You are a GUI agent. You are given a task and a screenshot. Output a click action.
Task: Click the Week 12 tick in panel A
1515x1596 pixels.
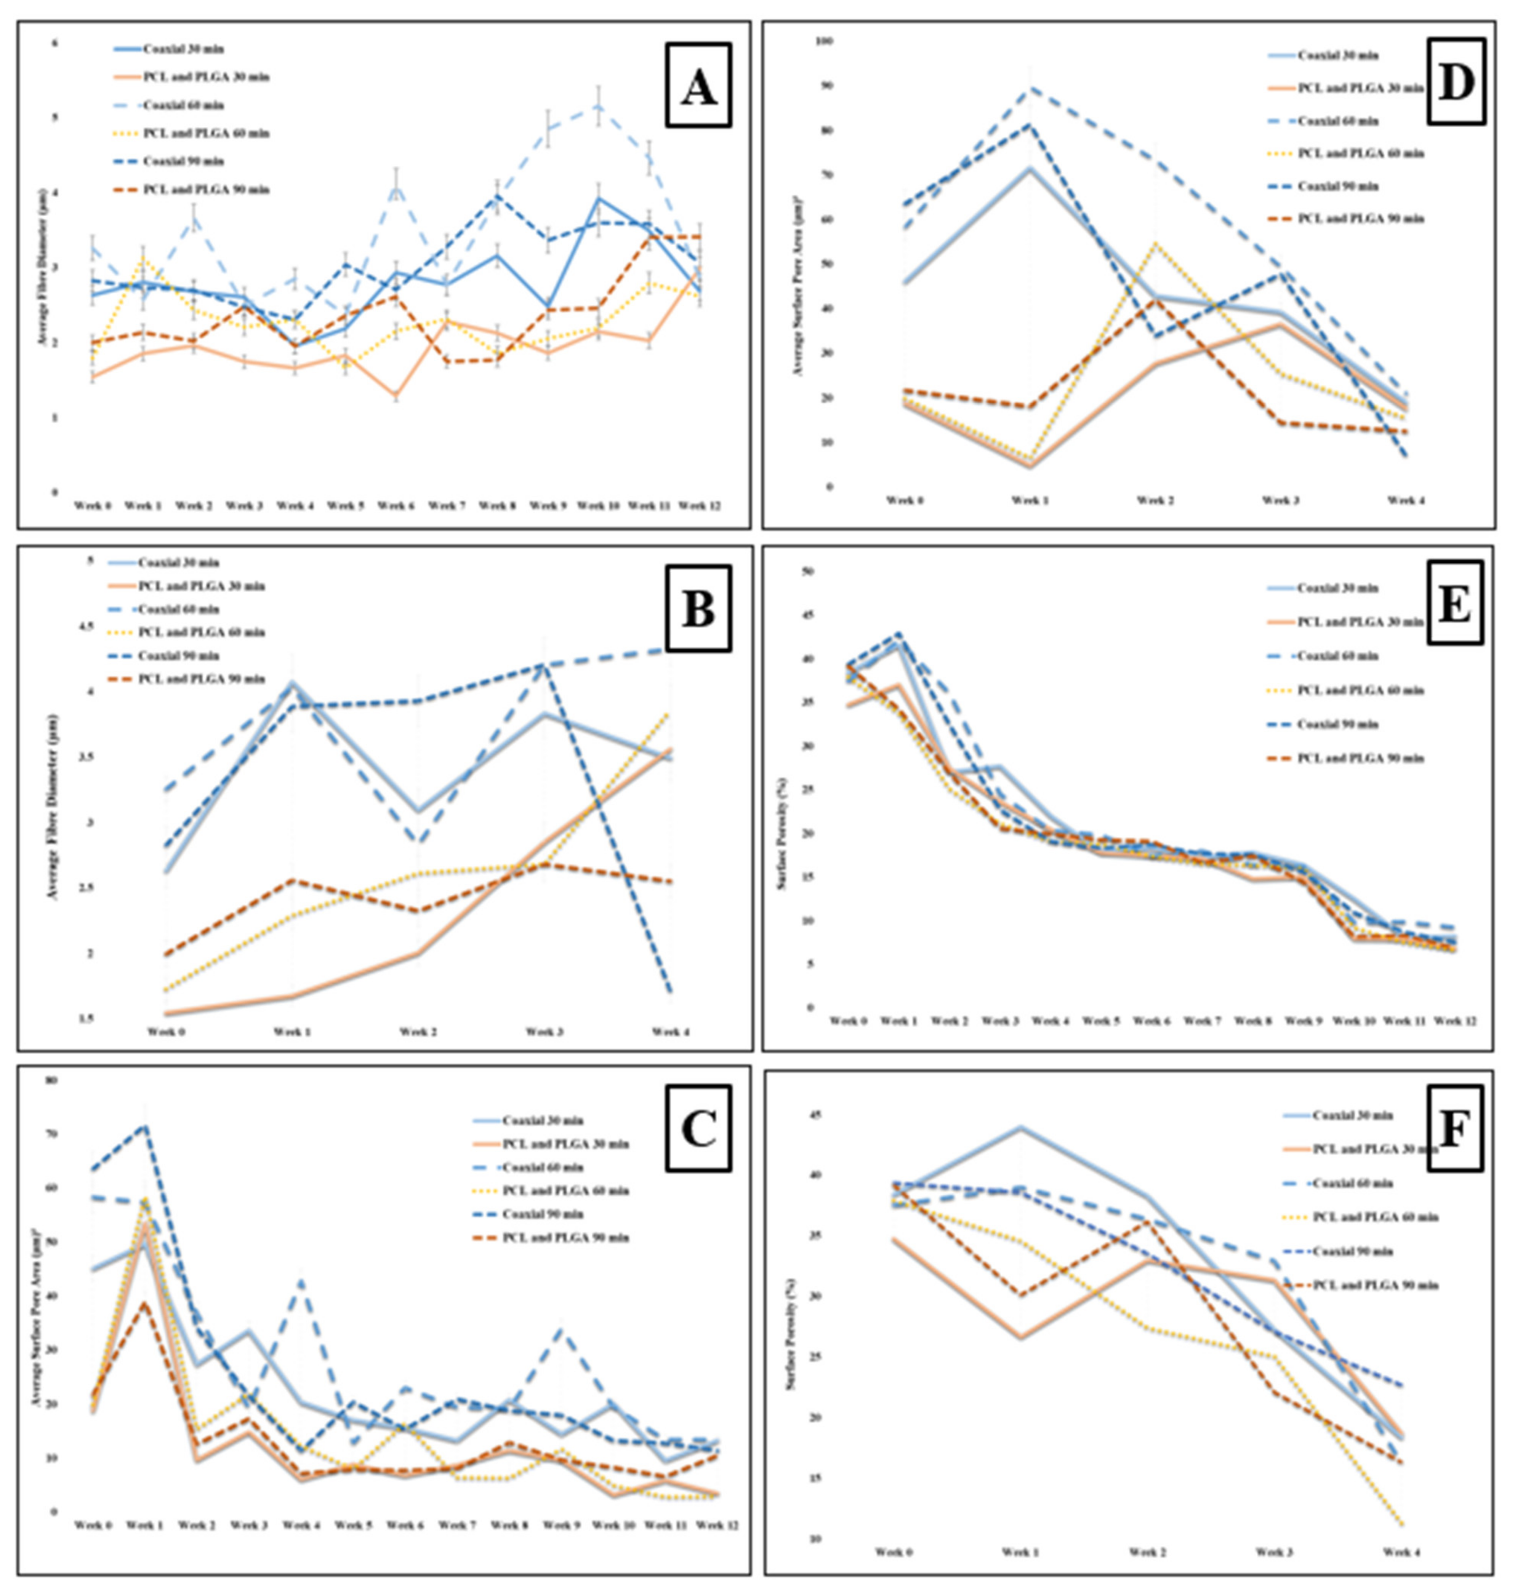tap(699, 506)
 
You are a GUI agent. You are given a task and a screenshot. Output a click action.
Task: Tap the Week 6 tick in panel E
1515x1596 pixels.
tap(1151, 1021)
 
